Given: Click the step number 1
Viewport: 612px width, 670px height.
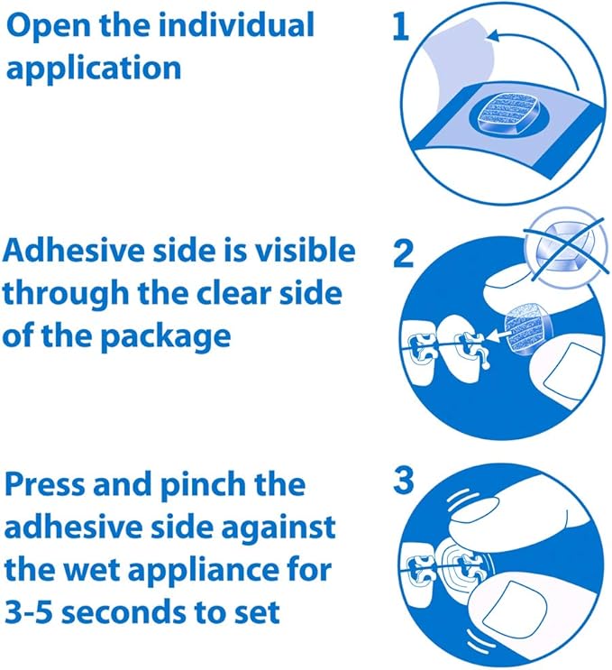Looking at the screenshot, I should tap(400, 26).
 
